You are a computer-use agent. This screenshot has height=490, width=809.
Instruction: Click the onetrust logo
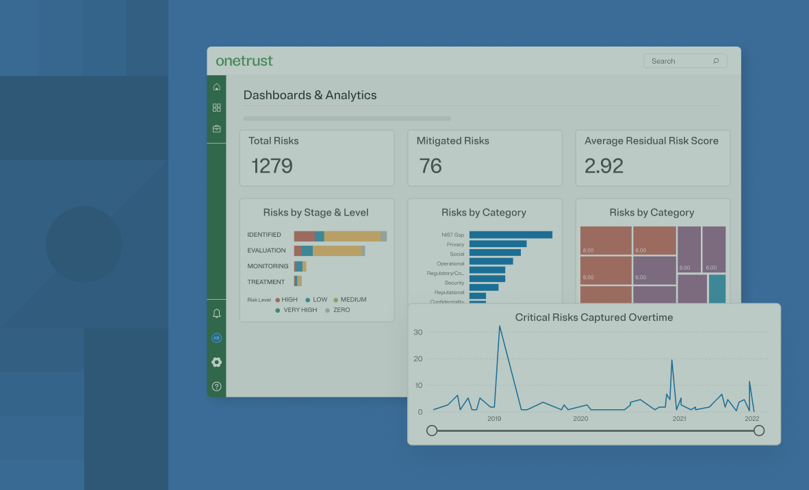244,61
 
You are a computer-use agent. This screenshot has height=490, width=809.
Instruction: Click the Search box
684,61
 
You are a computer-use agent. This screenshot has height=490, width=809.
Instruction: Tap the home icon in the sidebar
217,87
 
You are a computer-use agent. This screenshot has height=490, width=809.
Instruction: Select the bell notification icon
217,313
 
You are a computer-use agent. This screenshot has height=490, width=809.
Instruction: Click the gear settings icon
217,362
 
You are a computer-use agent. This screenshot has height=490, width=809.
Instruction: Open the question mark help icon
217,387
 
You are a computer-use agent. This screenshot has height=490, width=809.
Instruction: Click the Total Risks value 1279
272,166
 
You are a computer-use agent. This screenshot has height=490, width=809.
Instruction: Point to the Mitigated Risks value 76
431,166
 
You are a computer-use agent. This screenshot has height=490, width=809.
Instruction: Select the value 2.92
604,166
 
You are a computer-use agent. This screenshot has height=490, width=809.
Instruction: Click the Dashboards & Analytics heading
310,95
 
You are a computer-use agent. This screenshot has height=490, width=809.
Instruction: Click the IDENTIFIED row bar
340,236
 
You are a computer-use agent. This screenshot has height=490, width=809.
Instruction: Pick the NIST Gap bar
511,235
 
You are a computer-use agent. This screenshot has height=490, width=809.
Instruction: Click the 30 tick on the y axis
418,333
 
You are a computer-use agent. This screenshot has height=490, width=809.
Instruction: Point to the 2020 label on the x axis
580,419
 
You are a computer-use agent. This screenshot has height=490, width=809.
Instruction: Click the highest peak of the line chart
500,326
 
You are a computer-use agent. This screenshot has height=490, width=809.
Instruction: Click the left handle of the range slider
432,430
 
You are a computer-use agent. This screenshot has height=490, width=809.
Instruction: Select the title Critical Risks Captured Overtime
593,318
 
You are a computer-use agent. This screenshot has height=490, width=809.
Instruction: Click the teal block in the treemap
717,288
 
